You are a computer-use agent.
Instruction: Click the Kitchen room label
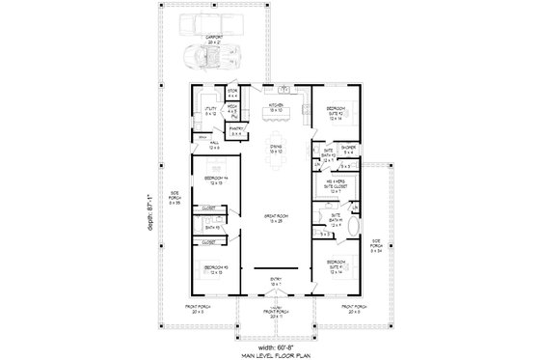point(276,108)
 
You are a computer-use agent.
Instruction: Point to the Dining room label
point(276,150)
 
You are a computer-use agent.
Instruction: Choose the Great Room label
point(276,219)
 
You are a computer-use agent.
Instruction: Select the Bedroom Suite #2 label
point(336,111)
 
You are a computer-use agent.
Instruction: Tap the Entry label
point(276,282)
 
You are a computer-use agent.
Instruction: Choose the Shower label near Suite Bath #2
point(348,149)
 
